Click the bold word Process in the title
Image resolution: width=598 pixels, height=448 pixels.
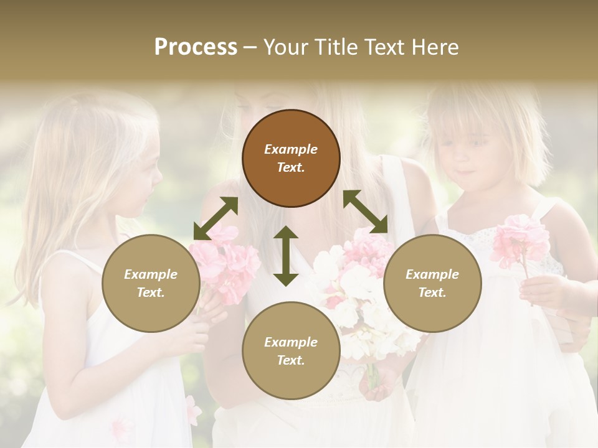point(196,47)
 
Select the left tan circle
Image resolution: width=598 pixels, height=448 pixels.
point(151,283)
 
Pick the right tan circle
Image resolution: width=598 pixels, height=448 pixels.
point(432,283)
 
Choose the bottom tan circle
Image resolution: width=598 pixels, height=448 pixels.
point(291,350)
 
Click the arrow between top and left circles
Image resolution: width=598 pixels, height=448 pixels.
point(216,218)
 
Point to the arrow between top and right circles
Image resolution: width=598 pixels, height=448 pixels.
point(365,212)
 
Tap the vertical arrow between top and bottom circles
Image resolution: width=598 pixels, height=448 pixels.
point(286,256)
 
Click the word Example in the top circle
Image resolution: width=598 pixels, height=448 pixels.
point(291,149)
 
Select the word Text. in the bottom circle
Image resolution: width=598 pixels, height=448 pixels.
point(291,360)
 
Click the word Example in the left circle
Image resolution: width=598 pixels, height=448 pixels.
point(151,274)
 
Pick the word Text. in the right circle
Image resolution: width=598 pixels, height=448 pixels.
point(432,292)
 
